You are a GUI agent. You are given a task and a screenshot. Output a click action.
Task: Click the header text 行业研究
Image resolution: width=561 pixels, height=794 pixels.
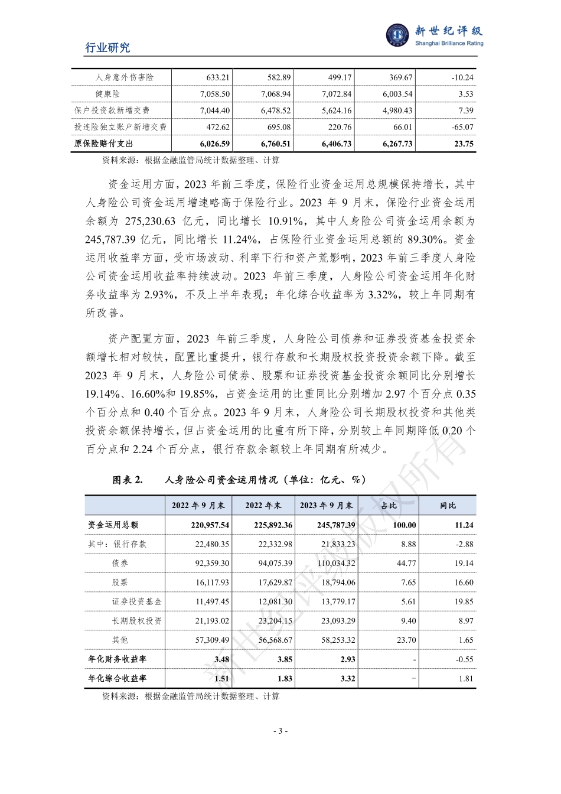tap(107, 48)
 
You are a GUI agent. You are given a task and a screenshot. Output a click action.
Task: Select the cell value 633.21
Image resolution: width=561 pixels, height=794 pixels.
tap(217, 77)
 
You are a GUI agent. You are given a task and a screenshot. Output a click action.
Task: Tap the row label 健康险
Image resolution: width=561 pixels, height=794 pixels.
tap(107, 94)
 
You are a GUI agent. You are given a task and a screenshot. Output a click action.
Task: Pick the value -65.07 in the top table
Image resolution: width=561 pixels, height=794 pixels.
tap(461, 127)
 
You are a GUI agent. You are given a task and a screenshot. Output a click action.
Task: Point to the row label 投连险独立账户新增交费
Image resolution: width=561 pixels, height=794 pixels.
tap(120, 127)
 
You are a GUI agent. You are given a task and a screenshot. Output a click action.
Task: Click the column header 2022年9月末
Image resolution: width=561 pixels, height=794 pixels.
tap(198, 506)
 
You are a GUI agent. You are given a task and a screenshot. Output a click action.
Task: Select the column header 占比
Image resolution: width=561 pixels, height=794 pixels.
tap(389, 506)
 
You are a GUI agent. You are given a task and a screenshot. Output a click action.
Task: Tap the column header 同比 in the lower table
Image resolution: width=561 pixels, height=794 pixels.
tap(448, 506)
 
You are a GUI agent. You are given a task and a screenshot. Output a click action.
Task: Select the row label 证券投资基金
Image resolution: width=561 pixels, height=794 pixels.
tap(136, 602)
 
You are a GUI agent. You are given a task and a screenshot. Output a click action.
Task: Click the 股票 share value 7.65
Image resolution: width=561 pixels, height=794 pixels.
tap(408, 583)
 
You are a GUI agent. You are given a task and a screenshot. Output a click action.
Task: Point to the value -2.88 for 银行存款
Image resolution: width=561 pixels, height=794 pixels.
tap(464, 544)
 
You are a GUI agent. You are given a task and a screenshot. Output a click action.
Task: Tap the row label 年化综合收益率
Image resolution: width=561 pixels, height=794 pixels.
tap(118, 679)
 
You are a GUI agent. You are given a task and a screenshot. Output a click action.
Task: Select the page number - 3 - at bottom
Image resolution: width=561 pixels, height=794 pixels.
tap(280, 731)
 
